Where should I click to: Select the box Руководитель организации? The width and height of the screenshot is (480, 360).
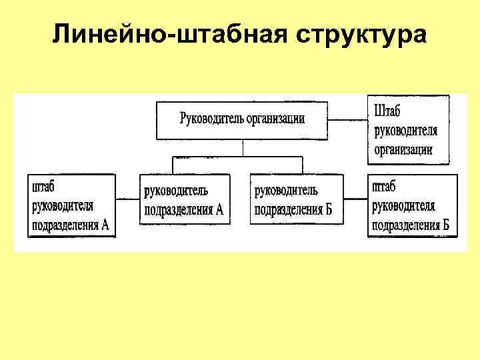(242, 120)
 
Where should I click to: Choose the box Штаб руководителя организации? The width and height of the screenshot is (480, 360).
(408, 129)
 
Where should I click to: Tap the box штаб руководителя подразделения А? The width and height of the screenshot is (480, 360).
(71, 205)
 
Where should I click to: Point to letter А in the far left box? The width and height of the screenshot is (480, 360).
(105, 225)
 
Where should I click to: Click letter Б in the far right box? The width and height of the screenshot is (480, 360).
(445, 225)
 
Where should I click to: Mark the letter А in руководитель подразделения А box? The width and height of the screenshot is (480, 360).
(219, 211)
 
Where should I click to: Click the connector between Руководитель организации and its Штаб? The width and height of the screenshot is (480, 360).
(347, 120)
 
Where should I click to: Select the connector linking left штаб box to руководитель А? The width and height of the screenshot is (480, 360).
(127, 199)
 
